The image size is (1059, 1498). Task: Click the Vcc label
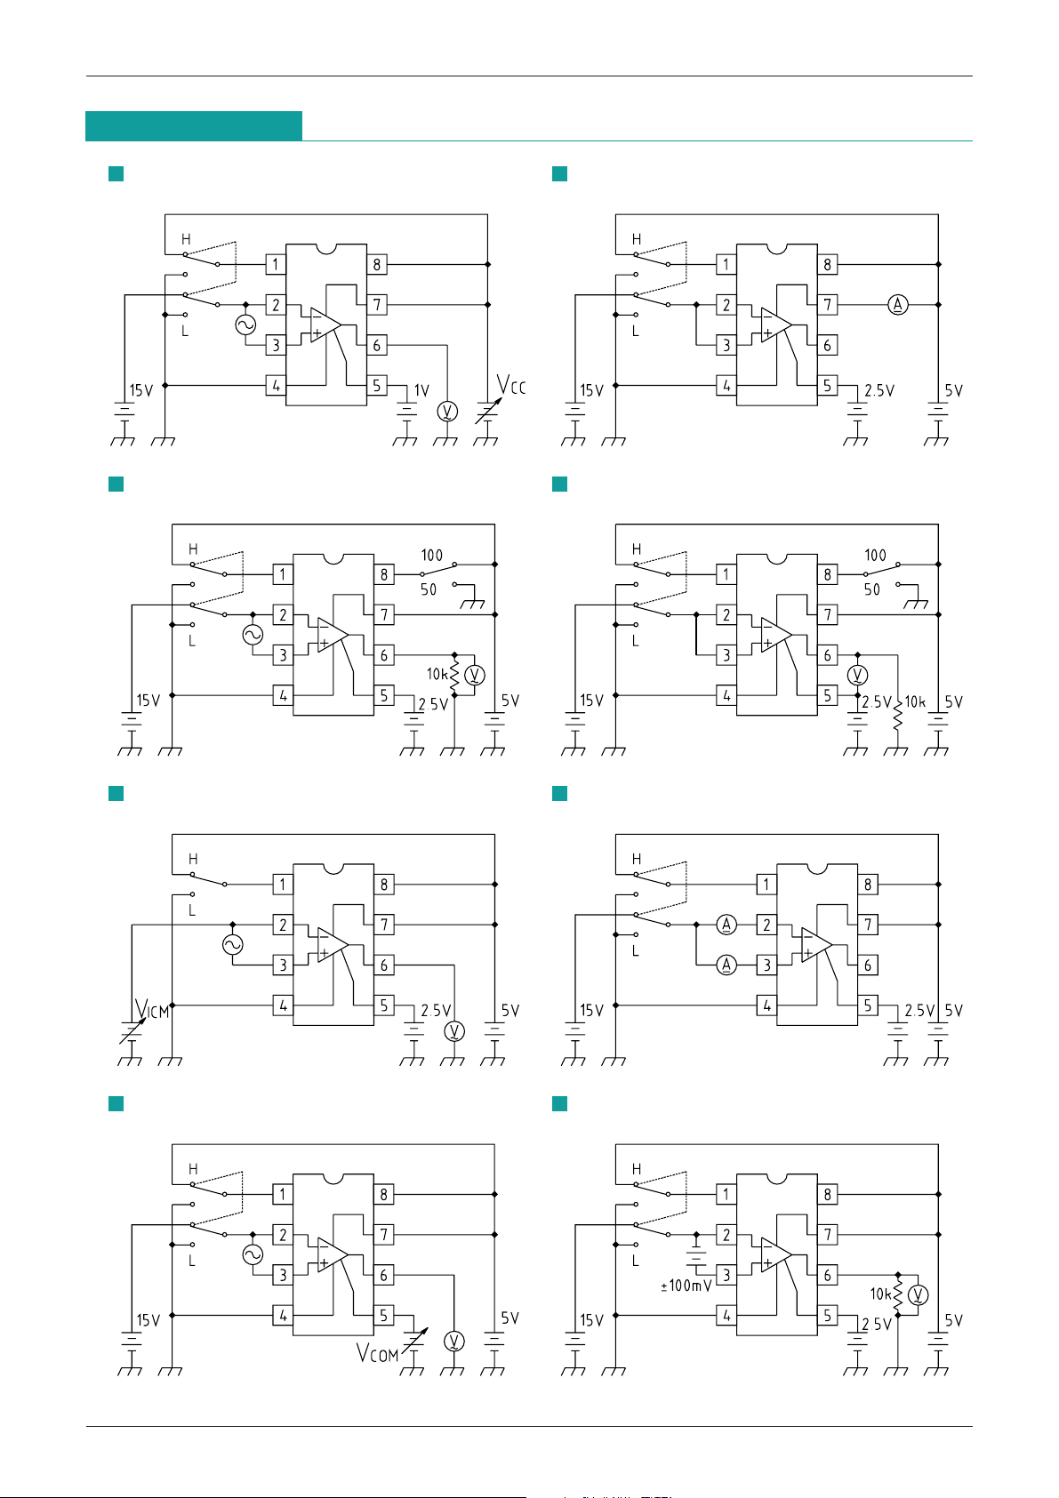coord(511,386)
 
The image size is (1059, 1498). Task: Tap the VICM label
coord(152,1009)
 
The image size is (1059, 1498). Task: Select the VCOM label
coord(377,1353)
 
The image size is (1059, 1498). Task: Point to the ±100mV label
coord(686,1286)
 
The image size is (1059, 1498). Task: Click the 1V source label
coord(421,390)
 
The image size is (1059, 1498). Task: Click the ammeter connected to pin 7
coord(898,305)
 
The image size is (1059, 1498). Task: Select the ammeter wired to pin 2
coord(726,925)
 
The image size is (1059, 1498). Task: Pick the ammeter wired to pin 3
coord(726,965)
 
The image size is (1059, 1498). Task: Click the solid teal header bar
coord(194,125)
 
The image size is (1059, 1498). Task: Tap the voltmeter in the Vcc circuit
coord(447,411)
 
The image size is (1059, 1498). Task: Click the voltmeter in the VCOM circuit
coord(454,1341)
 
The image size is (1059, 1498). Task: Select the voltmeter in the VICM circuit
coord(454,1031)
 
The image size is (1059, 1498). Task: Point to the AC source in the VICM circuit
coord(233,945)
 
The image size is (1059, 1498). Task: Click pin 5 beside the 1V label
coord(377,386)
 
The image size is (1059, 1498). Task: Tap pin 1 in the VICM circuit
coord(283,884)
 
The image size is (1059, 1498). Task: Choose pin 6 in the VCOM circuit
coord(384,1276)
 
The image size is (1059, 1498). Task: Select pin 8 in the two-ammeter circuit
coord(868,884)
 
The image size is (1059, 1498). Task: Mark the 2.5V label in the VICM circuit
coord(436,1011)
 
